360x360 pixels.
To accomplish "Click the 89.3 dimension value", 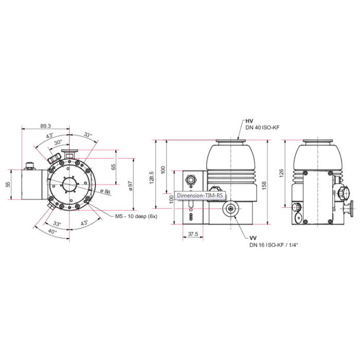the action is (x=45, y=126).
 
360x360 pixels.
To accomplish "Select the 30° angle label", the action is (x=58, y=142).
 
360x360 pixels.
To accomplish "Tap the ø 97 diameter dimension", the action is (x=131, y=186).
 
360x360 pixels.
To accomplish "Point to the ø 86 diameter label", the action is (x=105, y=191).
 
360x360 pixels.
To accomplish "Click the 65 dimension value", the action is (x=114, y=167).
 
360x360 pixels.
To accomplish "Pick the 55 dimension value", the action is (x=8, y=184).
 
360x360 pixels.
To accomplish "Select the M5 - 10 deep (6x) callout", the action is (x=136, y=217).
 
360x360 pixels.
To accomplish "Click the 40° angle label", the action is (x=52, y=231).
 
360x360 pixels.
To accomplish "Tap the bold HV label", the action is (x=249, y=121).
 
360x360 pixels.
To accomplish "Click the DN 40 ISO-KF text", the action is (x=262, y=128).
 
